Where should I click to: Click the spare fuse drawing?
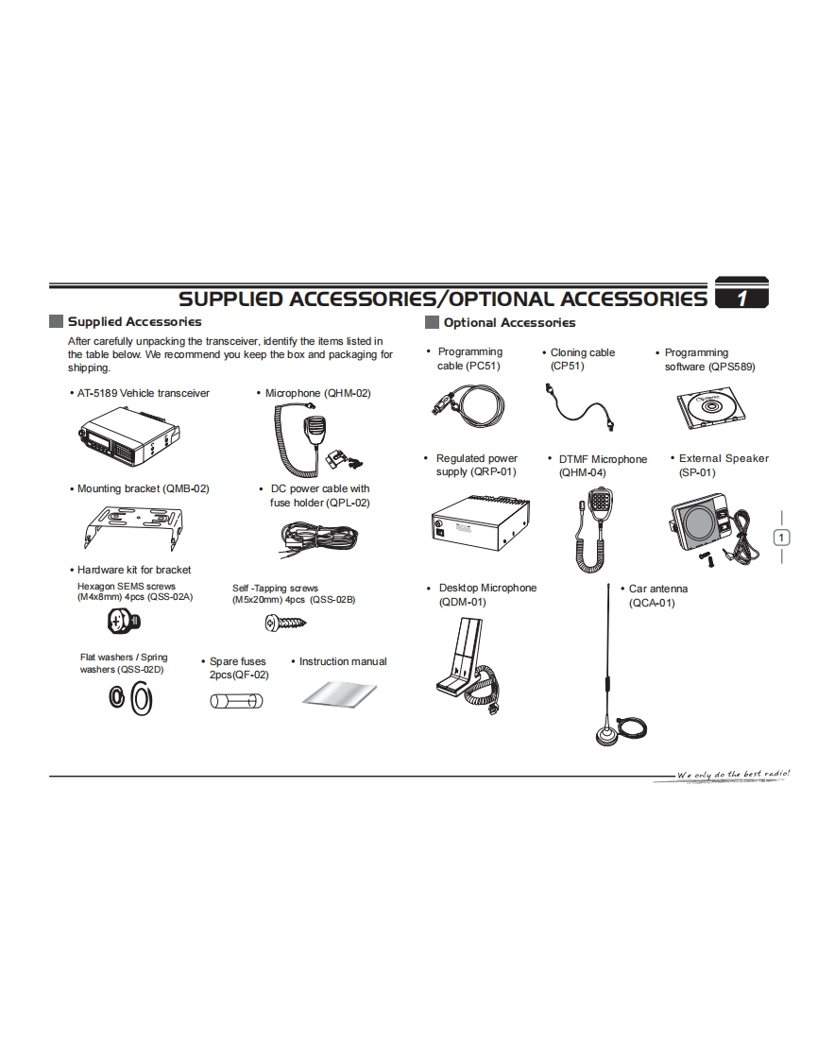tap(235, 701)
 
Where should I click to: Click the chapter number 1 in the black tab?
tap(742, 299)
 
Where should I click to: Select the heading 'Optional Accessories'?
tap(509, 323)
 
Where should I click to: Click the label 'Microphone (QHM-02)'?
tap(317, 393)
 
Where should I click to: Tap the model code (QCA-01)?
tap(652, 603)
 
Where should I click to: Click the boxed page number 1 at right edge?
tap(781, 538)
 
